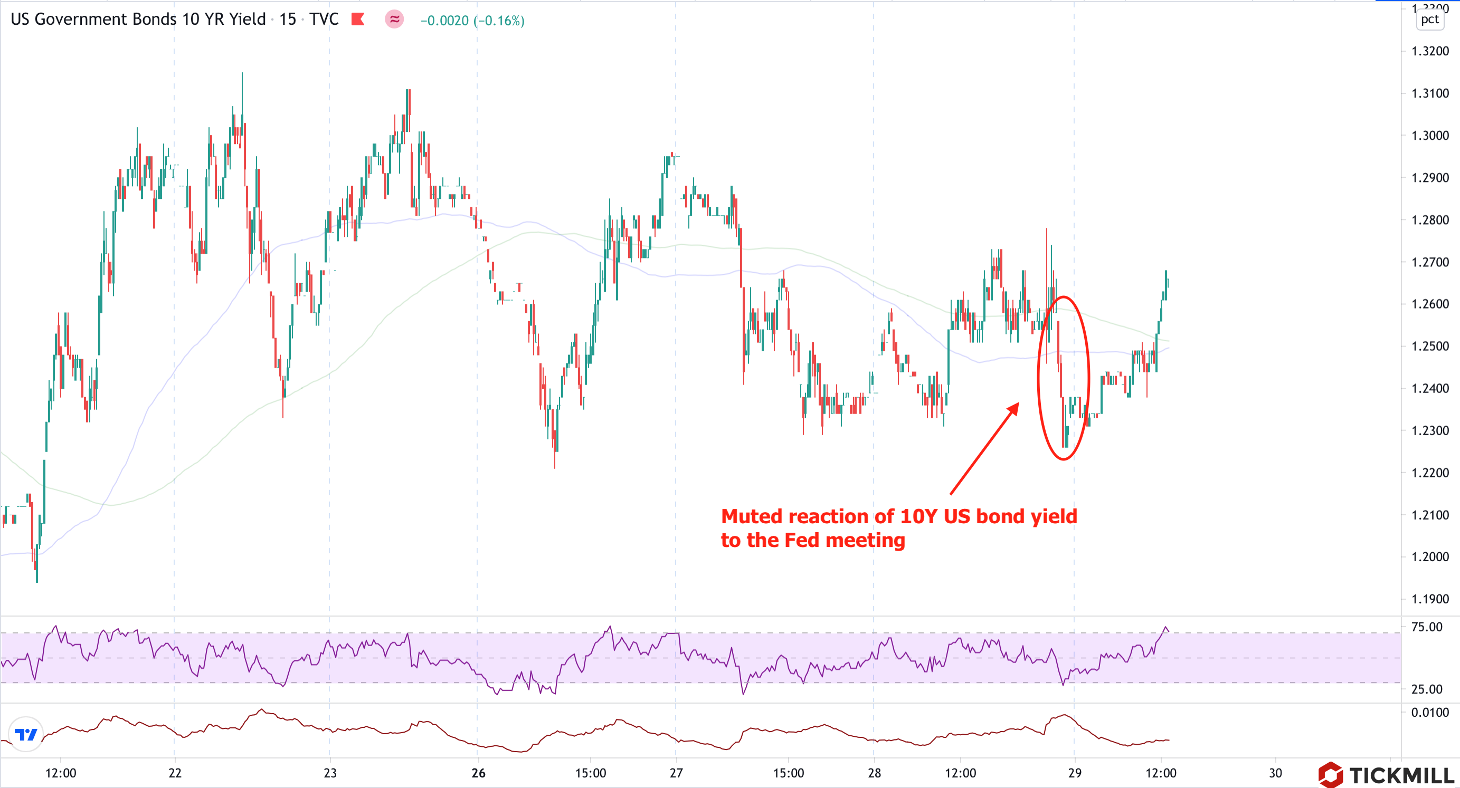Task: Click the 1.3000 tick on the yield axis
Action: click(x=1429, y=136)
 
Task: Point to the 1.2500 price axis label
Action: click(x=1429, y=346)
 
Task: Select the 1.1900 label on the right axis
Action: click(x=1429, y=599)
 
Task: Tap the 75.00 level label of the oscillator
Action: click(x=1427, y=627)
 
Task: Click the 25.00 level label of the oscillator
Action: click(x=1427, y=689)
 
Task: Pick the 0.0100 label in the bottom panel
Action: click(x=1429, y=712)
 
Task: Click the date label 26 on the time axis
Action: click(x=478, y=773)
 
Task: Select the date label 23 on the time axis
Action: click(x=330, y=773)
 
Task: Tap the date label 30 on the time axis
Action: click(x=1275, y=773)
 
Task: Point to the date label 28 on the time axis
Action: click(x=874, y=773)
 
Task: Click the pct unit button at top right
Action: click(x=1429, y=20)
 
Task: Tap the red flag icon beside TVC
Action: click(x=358, y=20)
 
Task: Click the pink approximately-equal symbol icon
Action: click(x=394, y=20)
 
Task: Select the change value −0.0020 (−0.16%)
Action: click(x=472, y=21)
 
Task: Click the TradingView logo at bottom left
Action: click(x=25, y=735)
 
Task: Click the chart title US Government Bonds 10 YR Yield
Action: click(x=138, y=20)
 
